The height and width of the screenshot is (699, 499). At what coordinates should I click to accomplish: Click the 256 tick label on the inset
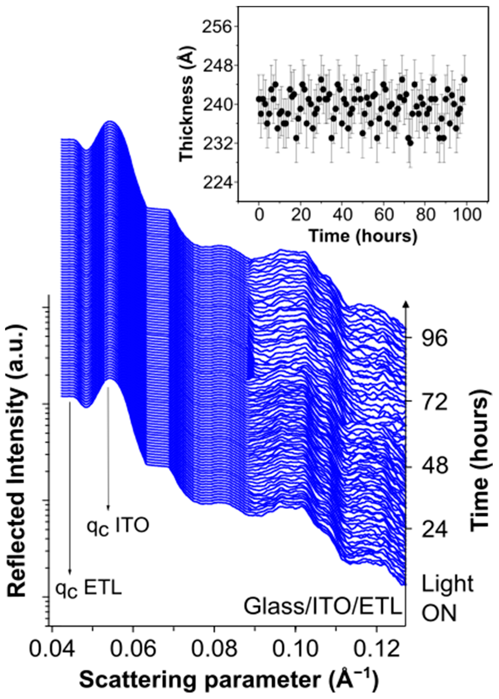tap(215, 26)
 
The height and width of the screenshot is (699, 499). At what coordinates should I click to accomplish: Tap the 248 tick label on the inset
tap(215, 65)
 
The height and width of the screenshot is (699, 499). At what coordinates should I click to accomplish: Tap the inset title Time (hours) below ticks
tap(363, 236)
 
